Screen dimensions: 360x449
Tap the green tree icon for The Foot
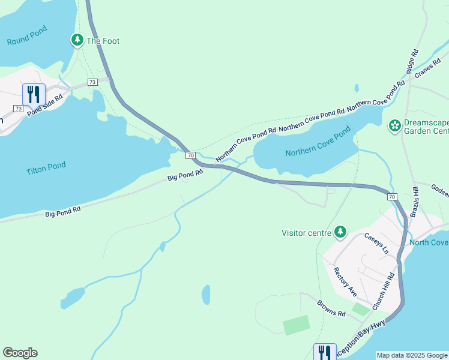(x=77, y=41)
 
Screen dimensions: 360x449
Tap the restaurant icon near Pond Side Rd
(x=34, y=95)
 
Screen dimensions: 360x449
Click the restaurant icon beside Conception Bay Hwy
(x=325, y=352)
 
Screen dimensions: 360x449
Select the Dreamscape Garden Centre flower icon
(x=395, y=125)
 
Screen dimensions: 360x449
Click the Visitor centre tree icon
(x=340, y=232)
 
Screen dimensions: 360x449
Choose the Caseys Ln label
(x=377, y=242)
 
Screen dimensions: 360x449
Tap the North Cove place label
(x=429, y=242)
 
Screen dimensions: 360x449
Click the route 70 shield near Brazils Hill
(x=391, y=197)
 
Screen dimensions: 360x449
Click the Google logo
(x=20, y=353)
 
